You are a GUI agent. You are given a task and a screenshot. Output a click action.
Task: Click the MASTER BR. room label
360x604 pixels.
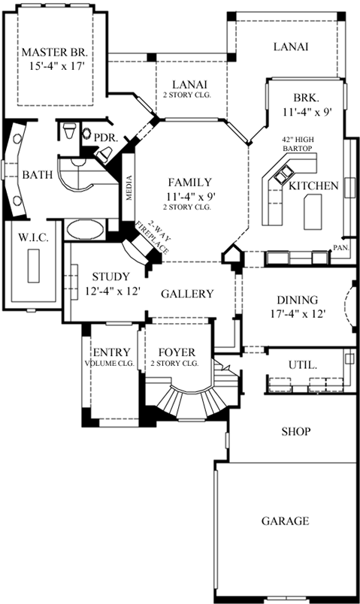click(56, 53)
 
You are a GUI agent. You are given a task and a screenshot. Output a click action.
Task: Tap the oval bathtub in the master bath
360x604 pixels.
click(84, 229)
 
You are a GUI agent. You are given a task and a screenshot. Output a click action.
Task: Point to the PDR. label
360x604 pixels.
click(102, 137)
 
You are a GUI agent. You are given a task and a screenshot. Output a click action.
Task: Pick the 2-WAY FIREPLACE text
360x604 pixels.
click(153, 234)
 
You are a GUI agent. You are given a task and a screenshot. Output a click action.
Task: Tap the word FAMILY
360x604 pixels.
click(189, 182)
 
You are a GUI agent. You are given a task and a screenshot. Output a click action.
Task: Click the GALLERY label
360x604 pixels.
click(188, 294)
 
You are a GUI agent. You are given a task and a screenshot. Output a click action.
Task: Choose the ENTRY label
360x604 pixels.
click(110, 352)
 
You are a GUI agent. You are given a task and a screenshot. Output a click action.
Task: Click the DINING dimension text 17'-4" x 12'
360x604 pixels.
click(297, 314)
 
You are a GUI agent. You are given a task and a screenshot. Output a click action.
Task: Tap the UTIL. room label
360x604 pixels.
click(302, 364)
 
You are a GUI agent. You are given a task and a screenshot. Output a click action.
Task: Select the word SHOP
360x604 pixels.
click(296, 432)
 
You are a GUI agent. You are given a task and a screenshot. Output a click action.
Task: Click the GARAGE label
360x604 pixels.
click(286, 520)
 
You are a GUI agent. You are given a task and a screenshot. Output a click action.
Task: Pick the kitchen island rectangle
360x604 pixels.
click(312, 212)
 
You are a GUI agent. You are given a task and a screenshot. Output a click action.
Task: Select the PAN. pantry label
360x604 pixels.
click(341, 246)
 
